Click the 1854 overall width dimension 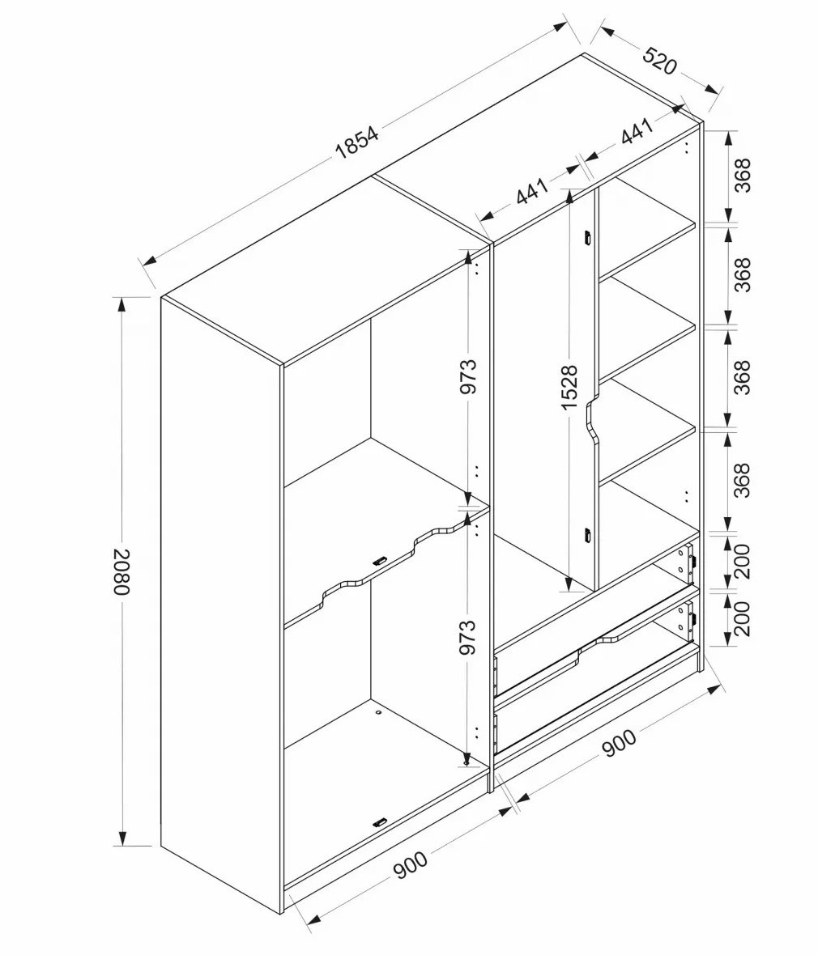(x=356, y=142)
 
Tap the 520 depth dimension (x=659, y=59)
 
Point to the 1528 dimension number (x=568, y=388)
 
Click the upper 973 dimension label (x=467, y=376)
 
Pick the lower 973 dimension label (x=467, y=637)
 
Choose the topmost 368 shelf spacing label (x=743, y=176)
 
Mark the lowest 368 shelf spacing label (x=743, y=480)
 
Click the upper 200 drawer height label (x=743, y=561)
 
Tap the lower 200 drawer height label (x=743, y=619)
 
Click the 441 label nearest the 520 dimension (x=637, y=132)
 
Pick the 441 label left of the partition (x=532, y=191)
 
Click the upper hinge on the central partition (x=588, y=237)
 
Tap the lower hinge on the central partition (x=588, y=535)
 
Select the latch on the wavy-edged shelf (x=380, y=560)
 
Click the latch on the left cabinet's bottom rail (x=380, y=822)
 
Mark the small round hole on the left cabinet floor (x=378, y=711)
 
